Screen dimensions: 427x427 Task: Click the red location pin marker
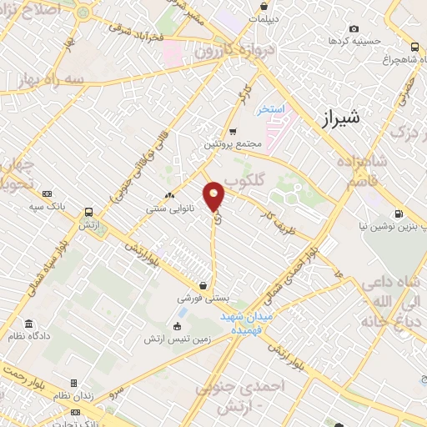[214, 197]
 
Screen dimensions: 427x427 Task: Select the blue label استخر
[271, 109]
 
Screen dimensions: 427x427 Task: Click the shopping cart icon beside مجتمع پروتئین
[233, 131]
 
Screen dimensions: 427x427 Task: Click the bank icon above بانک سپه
[46, 193]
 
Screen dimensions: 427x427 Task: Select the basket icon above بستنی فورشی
[203, 285]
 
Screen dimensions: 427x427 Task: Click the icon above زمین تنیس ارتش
[177, 326]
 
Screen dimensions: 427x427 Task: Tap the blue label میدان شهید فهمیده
[248, 324]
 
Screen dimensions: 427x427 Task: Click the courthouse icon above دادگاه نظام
[29, 324]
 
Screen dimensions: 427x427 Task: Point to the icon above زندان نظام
[74, 384]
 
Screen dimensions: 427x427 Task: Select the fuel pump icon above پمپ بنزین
[398, 213]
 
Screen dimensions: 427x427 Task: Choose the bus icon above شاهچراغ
[414, 48]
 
